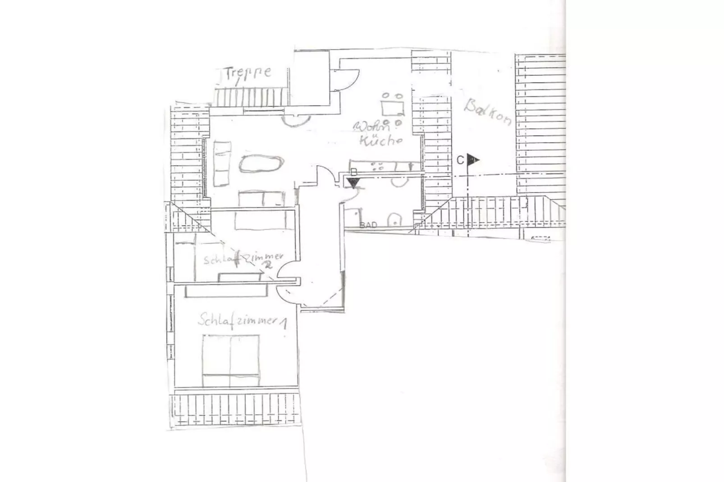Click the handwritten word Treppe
(x=248, y=73)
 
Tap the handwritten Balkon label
(x=488, y=112)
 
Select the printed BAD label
(x=368, y=225)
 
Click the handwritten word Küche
(x=380, y=141)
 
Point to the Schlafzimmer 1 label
(x=242, y=320)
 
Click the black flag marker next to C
(x=472, y=159)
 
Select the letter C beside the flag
(x=460, y=160)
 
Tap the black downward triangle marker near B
(x=353, y=182)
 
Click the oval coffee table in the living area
(x=261, y=164)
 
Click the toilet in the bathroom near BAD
(x=394, y=219)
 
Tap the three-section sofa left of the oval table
(x=222, y=163)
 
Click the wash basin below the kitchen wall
(x=399, y=181)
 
